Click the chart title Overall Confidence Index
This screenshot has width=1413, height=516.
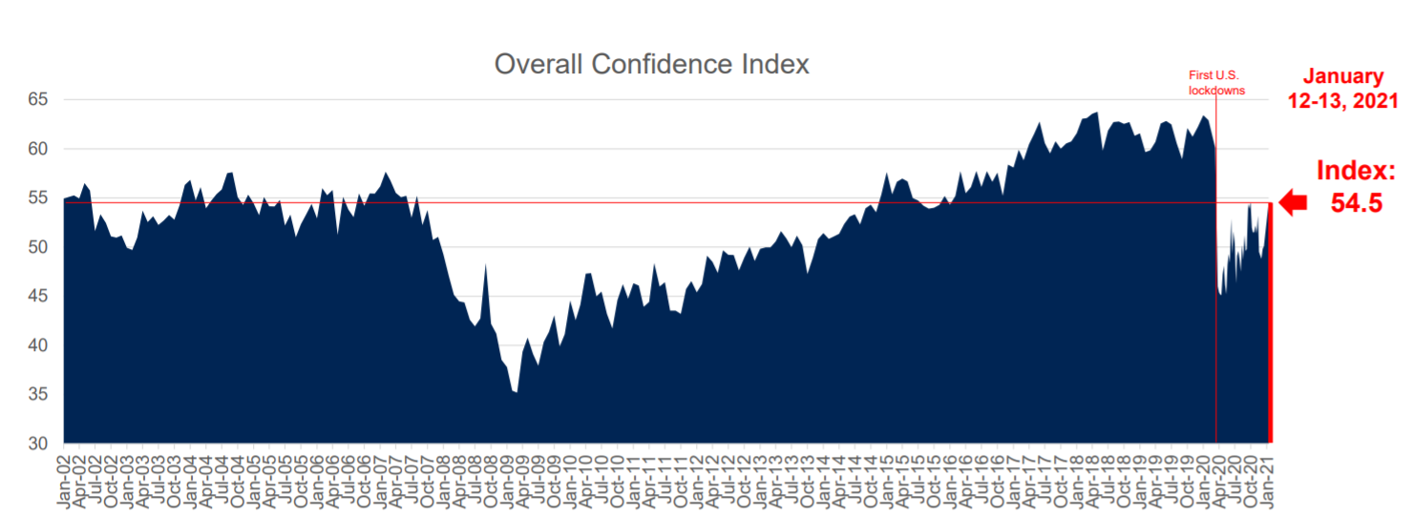point(651,65)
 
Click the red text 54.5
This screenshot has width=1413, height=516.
point(1356,203)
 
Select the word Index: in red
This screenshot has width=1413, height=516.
point(1356,172)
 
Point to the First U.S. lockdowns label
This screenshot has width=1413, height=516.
point(1215,83)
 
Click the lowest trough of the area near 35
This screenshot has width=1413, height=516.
point(516,391)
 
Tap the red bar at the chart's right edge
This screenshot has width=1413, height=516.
point(1270,324)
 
